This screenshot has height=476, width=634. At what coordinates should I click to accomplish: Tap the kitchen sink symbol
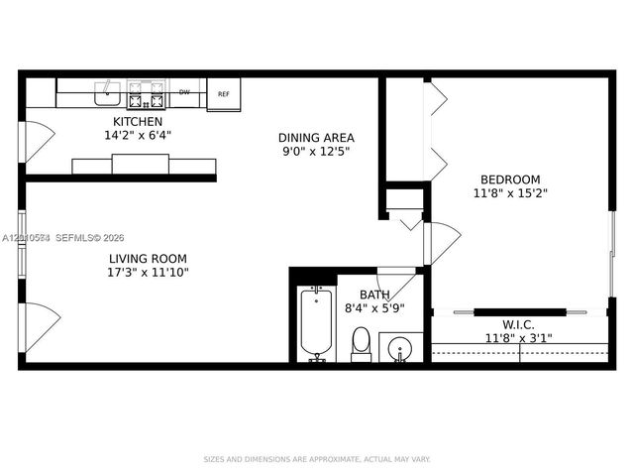click(107, 94)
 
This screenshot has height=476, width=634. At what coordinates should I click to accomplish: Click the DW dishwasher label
click(184, 92)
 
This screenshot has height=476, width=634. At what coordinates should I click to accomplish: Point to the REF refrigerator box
click(224, 95)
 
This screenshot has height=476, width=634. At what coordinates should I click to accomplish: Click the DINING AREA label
click(316, 138)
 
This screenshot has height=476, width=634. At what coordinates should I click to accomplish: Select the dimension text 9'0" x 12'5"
click(316, 152)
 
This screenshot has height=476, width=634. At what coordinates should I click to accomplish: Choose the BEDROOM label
click(506, 179)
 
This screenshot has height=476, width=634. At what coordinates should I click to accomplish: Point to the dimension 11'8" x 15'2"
click(506, 193)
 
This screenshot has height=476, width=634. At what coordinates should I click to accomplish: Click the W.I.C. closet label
click(519, 323)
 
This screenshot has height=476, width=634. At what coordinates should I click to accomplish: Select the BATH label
click(373, 295)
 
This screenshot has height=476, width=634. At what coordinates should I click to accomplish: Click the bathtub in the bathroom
click(317, 323)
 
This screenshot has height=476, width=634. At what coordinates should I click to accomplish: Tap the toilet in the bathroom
click(361, 344)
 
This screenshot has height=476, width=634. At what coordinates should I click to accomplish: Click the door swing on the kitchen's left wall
click(38, 140)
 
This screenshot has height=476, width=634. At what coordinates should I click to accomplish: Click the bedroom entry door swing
click(442, 242)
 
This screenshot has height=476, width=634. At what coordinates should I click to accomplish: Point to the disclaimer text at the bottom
click(317, 459)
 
